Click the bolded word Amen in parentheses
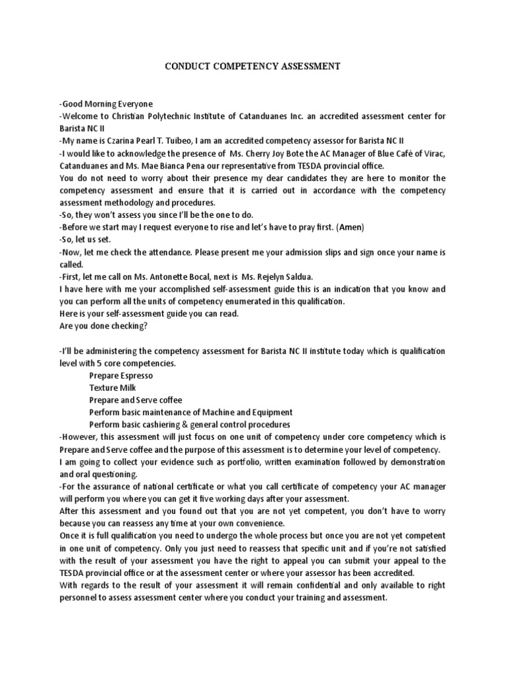point(349,227)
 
